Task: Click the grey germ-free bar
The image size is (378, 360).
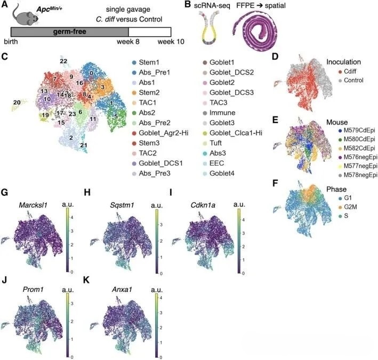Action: pyautogui.click(x=63, y=31)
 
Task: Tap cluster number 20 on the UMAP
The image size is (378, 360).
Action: pyautogui.click(x=17, y=102)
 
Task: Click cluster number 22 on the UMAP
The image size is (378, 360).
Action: pyautogui.click(x=63, y=62)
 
